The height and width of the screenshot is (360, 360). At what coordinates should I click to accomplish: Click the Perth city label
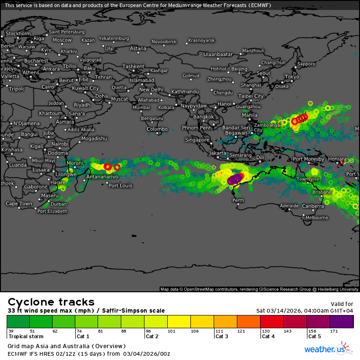[x=238, y=200]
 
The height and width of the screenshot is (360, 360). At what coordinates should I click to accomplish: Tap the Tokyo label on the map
[x=292, y=77]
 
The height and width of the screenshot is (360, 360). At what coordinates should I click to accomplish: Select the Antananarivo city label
[x=102, y=177]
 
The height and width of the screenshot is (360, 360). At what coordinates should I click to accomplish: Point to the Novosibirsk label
[x=164, y=42]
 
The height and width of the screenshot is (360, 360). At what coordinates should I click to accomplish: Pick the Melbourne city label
[x=316, y=218]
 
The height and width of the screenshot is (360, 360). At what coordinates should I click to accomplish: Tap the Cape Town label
[x=19, y=204]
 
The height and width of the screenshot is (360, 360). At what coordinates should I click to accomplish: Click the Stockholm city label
[x=18, y=34]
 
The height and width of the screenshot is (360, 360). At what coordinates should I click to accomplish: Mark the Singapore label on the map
[x=197, y=140]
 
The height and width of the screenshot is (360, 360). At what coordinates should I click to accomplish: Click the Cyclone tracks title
[x=51, y=302]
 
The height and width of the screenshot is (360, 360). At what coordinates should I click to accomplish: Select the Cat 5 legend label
[x=315, y=336]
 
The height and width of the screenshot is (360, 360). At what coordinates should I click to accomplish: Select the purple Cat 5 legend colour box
[x=342, y=321]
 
